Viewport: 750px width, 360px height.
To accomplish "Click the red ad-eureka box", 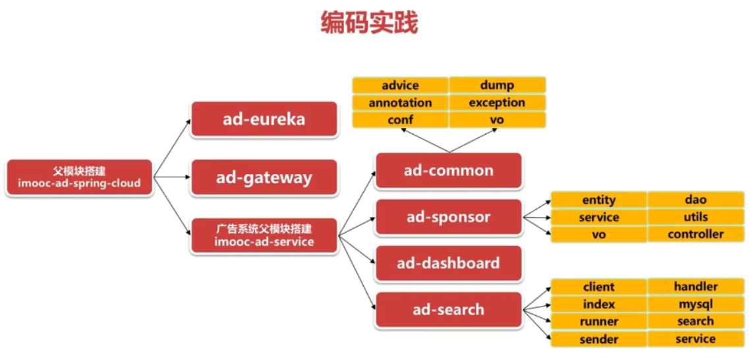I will click(x=264, y=119).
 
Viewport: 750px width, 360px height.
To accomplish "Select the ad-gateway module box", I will click(x=264, y=177).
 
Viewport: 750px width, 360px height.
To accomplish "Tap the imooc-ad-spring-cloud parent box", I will click(x=79, y=177).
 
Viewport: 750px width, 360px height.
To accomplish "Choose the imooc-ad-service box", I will click(x=264, y=235).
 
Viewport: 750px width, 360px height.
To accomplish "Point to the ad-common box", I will click(x=449, y=171).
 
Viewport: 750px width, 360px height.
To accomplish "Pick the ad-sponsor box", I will click(x=449, y=217).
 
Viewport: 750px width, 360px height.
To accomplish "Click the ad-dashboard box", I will click(x=449, y=263).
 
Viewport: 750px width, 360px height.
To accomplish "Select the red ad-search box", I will click(x=449, y=309).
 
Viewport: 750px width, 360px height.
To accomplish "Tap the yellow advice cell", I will click(x=400, y=85).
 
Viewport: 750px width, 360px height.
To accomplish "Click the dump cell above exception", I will click(x=497, y=85).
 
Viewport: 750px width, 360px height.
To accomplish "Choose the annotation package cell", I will click(x=400, y=103).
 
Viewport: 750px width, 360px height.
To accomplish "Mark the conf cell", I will click(x=400, y=120).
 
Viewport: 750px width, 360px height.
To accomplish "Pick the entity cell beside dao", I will click(x=598, y=200).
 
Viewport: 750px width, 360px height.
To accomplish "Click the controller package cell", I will click(x=695, y=234).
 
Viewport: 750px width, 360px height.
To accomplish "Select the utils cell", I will click(x=695, y=217).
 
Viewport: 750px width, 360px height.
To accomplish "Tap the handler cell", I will click(x=695, y=287).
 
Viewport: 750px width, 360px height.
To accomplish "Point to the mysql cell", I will click(x=695, y=304).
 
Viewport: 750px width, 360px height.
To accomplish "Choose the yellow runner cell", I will click(x=598, y=322).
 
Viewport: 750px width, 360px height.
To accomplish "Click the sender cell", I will click(x=598, y=339).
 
